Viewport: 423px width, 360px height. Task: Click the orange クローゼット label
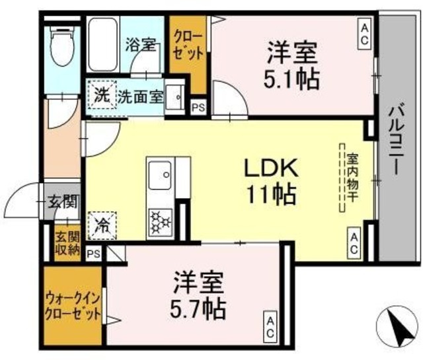[x=188, y=46]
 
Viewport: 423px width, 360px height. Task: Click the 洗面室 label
[x=140, y=96]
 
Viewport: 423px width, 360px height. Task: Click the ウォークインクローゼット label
[x=73, y=305]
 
